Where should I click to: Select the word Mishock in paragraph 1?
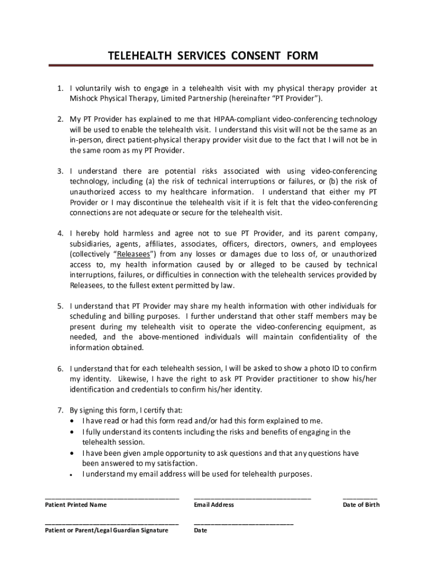(84, 99)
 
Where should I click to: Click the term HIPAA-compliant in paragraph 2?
(238, 119)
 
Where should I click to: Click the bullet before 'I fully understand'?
(73, 432)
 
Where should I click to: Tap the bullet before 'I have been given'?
(73, 454)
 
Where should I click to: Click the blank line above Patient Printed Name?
(112, 498)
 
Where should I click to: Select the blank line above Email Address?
(252, 498)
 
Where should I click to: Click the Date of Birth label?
(361, 505)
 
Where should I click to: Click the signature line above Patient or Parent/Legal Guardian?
(112, 524)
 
